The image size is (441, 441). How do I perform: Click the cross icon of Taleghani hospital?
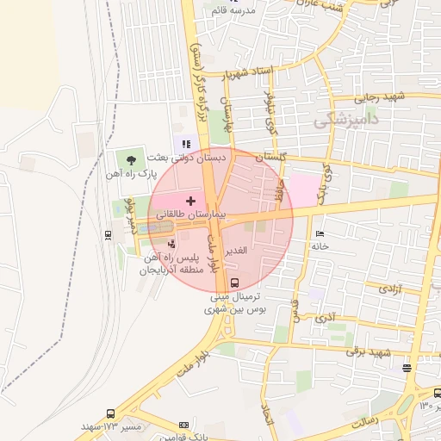[x=190, y=200]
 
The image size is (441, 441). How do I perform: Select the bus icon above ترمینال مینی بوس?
[x=235, y=283]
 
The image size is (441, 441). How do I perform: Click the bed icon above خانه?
[x=320, y=233]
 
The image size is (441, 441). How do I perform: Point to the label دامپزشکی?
[x=345, y=120]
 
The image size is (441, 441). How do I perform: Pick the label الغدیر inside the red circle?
[x=236, y=250]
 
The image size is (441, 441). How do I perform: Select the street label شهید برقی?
[x=370, y=352]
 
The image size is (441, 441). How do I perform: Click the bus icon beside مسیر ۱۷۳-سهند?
[x=110, y=414]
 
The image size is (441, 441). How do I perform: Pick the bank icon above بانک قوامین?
[x=183, y=425]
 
